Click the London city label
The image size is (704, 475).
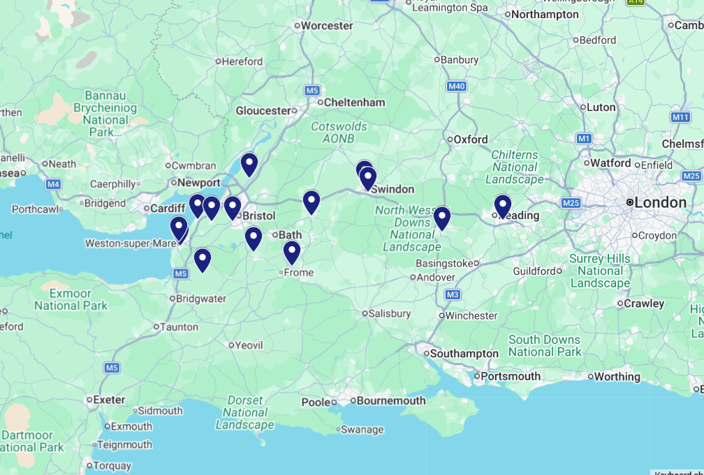[x=660, y=202]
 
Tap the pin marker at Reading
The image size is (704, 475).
[x=503, y=206]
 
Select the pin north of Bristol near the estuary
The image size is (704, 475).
[x=249, y=165]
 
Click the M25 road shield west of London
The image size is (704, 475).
[x=571, y=203]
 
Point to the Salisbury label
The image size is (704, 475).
[x=390, y=314]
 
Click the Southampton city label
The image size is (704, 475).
[x=464, y=354]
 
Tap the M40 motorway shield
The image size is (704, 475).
[x=457, y=86]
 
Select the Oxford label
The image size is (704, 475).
[x=471, y=140]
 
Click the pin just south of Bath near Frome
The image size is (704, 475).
[x=292, y=252]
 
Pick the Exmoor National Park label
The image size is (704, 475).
[x=71, y=299]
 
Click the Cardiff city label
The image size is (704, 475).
[x=167, y=208]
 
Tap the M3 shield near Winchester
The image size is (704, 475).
[x=452, y=295]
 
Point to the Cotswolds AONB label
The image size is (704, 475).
[x=339, y=133]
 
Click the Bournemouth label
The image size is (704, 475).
[x=391, y=400]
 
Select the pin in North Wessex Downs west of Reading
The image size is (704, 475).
[x=441, y=218]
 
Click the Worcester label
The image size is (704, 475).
[x=327, y=26]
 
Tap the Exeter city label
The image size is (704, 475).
[x=109, y=400]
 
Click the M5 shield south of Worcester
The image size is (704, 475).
[x=311, y=91]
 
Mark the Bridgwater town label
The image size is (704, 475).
[x=202, y=299]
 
